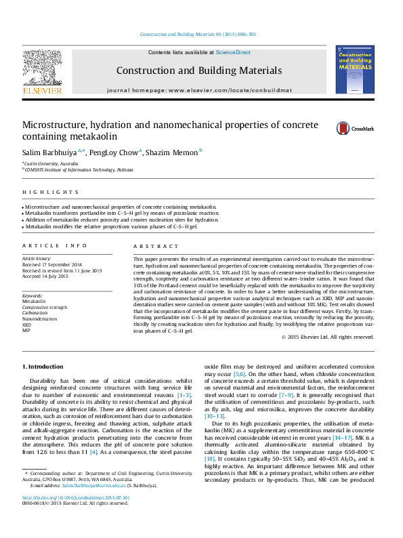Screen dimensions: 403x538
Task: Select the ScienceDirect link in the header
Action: [x=233, y=52]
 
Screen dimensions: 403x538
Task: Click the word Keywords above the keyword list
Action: [x=33, y=296]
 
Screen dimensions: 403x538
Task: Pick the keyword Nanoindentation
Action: [x=37, y=318]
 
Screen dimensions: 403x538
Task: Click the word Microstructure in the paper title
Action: [x=60, y=125]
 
